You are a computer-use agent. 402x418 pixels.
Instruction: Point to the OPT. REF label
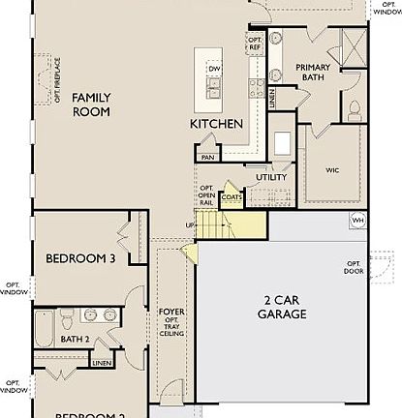[255, 45]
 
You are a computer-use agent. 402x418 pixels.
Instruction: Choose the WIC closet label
[332, 170]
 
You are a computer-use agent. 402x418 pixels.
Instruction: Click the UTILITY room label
[271, 177]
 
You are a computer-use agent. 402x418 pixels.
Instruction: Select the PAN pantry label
[207, 157]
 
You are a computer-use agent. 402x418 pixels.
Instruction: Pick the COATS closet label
[232, 196]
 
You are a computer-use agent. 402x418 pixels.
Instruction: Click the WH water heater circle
[357, 220]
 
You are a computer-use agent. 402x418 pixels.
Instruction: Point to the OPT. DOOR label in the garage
[354, 267]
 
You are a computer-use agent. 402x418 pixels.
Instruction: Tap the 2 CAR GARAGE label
[282, 306]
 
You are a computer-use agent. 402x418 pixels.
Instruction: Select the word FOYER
[171, 312]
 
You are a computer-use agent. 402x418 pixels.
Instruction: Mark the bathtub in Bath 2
[43, 330]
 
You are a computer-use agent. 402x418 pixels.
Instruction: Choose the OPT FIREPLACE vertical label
[56, 78]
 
